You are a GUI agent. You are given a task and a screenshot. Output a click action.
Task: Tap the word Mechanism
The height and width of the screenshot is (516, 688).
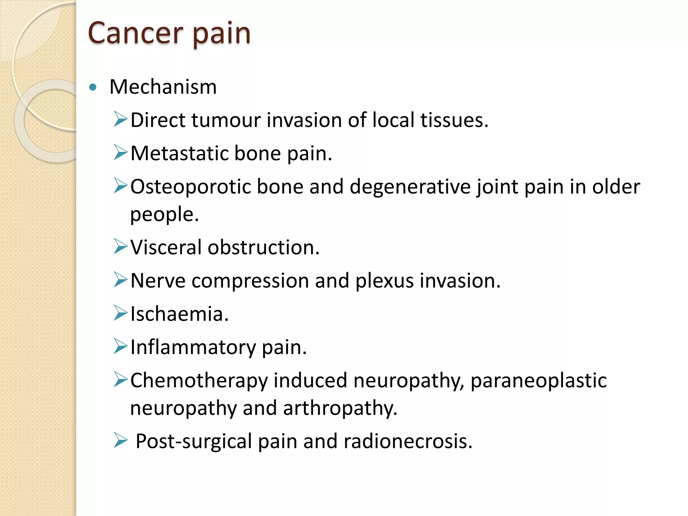pyautogui.click(x=163, y=87)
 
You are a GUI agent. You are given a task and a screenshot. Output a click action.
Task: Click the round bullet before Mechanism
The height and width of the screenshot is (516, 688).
pyautogui.click(x=93, y=88)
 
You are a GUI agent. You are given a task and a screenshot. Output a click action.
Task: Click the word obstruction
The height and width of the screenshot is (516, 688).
pyautogui.click(x=263, y=247)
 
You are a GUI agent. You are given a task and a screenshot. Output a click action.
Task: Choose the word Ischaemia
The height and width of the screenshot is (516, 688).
pyautogui.click(x=179, y=314)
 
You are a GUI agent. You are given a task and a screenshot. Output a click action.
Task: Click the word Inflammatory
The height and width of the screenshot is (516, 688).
pyautogui.click(x=193, y=347)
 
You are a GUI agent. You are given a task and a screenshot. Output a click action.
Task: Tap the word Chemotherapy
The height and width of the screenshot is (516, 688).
pyautogui.click(x=199, y=381)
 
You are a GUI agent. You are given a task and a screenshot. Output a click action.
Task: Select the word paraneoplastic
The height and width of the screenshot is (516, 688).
pyautogui.click(x=539, y=381)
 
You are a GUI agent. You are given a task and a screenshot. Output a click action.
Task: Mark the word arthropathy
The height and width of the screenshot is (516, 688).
pyautogui.click(x=340, y=408)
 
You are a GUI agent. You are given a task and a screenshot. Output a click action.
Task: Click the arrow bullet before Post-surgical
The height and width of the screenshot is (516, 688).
pyautogui.click(x=120, y=440)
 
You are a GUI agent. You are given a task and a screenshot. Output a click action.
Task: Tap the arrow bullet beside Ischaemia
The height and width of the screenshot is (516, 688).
pyautogui.click(x=120, y=313)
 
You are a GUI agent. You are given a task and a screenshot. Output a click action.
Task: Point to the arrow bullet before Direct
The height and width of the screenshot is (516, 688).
pyautogui.click(x=120, y=119)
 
